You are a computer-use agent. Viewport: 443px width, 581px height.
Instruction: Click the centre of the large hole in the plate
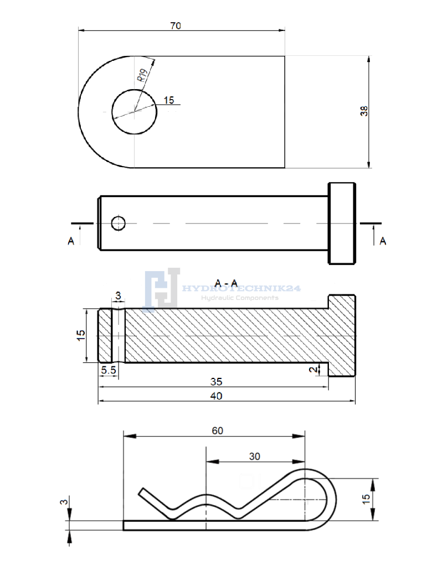(x=134, y=112)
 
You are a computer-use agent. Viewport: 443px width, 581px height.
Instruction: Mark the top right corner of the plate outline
(x=285, y=56)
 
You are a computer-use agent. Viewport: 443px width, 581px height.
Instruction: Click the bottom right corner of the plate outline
(x=285, y=168)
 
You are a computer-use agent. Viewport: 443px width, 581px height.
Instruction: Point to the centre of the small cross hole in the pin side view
(x=119, y=223)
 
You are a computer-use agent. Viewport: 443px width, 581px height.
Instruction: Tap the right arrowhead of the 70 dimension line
(x=282, y=30)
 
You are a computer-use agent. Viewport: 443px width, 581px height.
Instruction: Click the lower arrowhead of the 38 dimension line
(x=368, y=164)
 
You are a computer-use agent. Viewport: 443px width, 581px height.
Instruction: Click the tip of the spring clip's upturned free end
(x=141, y=491)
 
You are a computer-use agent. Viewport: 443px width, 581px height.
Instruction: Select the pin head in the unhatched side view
(x=342, y=223)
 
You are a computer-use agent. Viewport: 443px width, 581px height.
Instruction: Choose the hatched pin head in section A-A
(x=342, y=335)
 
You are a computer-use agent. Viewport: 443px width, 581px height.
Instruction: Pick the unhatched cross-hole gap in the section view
(x=119, y=335)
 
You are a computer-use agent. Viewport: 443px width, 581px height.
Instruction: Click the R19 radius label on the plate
(x=143, y=75)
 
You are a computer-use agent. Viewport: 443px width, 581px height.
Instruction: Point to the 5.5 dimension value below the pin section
(x=109, y=370)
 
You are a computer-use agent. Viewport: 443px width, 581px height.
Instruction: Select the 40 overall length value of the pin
(x=216, y=396)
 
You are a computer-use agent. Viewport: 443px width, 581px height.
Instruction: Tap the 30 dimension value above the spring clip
(x=255, y=456)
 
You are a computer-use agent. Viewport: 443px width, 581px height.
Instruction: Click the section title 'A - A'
(x=226, y=283)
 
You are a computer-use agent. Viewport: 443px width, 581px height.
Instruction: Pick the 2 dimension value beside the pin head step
(x=313, y=370)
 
